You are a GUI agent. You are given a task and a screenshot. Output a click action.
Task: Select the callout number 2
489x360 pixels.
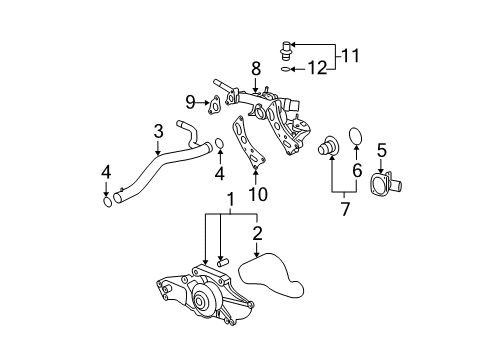[x=257, y=234]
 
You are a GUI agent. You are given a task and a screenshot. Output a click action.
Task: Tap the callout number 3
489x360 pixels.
[x=158, y=131]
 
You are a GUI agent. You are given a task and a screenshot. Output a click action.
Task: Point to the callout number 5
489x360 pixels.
[x=380, y=150]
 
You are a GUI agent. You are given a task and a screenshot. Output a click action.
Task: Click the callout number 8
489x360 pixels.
[x=256, y=68]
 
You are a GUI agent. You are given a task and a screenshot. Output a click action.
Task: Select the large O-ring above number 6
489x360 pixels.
[x=355, y=135]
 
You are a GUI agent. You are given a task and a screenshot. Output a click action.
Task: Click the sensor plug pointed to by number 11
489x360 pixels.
[x=287, y=46]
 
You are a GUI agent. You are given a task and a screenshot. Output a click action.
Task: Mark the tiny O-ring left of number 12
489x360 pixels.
[x=287, y=70]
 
